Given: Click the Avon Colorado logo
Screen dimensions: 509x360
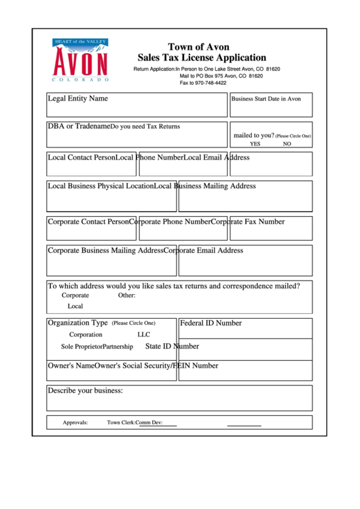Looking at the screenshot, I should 80,61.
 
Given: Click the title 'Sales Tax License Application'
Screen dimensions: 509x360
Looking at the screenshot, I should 202,58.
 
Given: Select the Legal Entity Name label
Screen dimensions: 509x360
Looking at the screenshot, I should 77,99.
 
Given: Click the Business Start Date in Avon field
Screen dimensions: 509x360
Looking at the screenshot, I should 271,105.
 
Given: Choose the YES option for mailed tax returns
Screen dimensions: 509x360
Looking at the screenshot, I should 255,144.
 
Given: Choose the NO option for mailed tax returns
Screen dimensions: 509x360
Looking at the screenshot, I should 287,144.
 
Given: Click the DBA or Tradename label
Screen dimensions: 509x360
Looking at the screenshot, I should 78,126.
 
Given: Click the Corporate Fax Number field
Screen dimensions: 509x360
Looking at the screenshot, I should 270,228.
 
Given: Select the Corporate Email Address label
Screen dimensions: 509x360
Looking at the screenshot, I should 204,251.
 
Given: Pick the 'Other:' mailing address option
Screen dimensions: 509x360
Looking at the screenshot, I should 127,296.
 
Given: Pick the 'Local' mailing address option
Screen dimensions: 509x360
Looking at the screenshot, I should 75,306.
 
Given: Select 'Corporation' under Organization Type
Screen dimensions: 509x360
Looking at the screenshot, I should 86,334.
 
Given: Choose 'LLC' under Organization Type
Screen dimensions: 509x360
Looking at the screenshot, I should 144,334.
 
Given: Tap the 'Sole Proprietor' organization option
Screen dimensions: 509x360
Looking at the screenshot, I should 82,347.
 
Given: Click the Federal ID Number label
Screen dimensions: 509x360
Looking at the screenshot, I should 211,323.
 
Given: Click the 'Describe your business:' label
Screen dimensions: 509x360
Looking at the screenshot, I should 85,391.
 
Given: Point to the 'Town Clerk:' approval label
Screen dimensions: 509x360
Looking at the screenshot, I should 121,423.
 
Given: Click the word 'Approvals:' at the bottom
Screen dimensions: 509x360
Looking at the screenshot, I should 75,423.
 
